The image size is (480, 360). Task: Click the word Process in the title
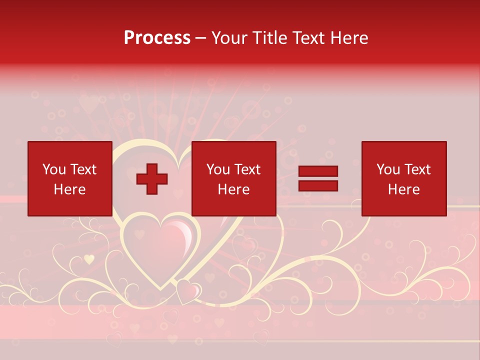(157, 38)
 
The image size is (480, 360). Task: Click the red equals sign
(318, 178)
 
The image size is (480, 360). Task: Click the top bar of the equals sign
(318, 171)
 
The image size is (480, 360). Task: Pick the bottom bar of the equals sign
(318, 185)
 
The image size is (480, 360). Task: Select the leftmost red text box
(69, 178)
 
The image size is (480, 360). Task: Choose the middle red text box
(233, 178)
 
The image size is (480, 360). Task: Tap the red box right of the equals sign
(403, 178)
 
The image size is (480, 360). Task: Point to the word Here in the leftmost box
(69, 189)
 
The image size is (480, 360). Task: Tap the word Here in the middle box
(233, 189)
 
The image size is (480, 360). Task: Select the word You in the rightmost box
(388, 169)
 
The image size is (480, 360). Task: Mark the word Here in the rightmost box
(403, 189)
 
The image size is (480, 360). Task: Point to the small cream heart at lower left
(89, 259)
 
